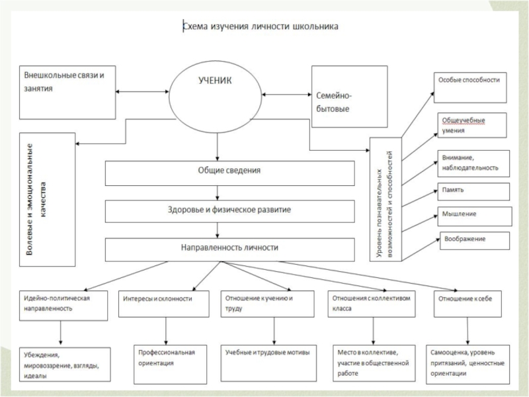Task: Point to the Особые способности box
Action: tap(469, 87)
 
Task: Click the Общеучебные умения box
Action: tap(470, 126)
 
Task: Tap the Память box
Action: tap(471, 191)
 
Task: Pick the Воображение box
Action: tap(471, 239)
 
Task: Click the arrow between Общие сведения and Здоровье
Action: tap(216, 191)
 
